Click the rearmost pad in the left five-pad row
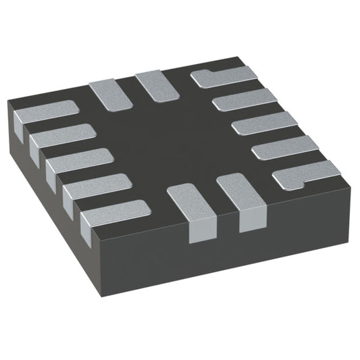(x=45, y=112)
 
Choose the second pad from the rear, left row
(x=61, y=136)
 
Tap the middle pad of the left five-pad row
(x=78, y=160)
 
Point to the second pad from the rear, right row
(x=244, y=100)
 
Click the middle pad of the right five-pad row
(x=263, y=124)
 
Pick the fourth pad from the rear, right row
(x=284, y=148)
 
